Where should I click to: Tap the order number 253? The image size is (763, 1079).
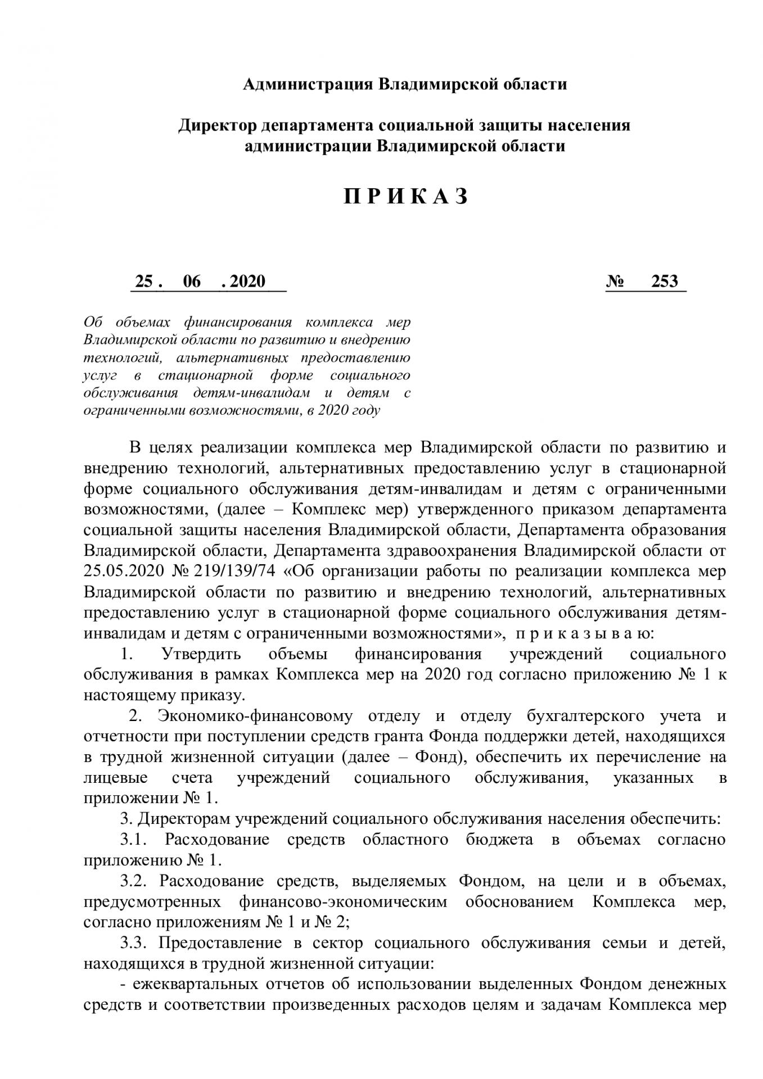click(x=665, y=281)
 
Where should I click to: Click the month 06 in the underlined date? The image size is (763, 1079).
click(x=191, y=281)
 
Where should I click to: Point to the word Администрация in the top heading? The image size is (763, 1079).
click(x=307, y=84)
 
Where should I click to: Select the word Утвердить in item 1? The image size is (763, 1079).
click(x=201, y=654)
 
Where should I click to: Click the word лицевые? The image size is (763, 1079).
click(x=116, y=778)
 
